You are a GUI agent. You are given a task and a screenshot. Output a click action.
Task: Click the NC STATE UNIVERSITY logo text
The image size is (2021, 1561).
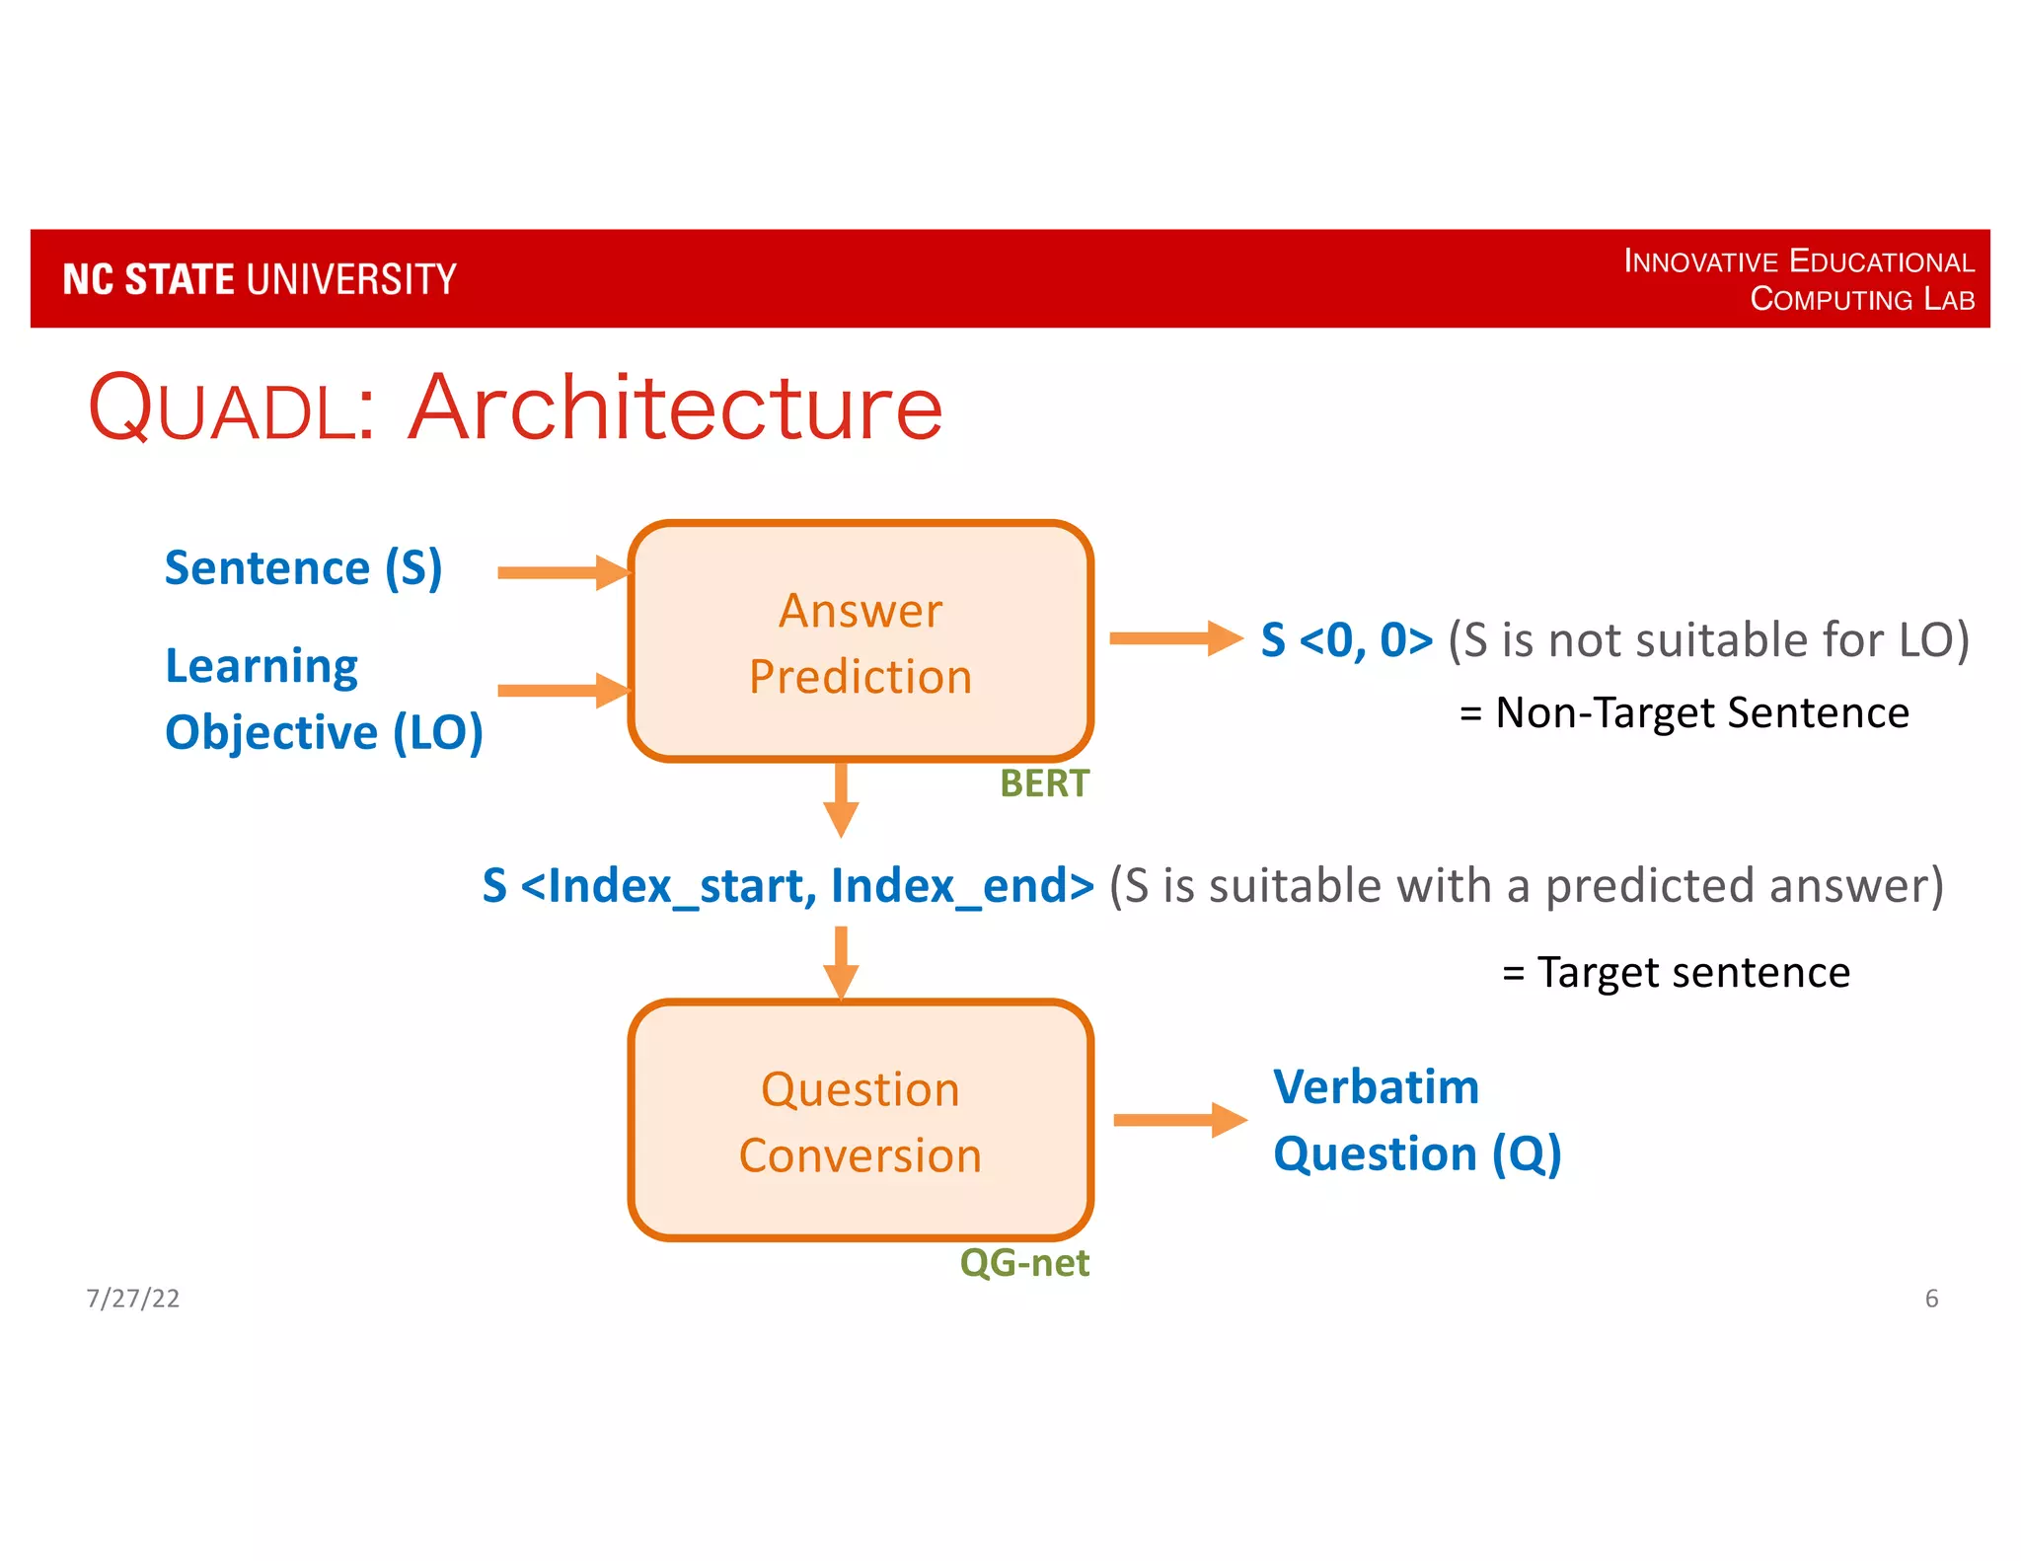[260, 279]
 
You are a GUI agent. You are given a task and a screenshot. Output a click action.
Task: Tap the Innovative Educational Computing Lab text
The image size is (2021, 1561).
[1798, 279]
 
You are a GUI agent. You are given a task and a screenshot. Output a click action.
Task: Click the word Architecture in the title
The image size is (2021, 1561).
[676, 408]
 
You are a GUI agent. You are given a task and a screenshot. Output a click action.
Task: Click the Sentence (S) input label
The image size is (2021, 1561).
[303, 568]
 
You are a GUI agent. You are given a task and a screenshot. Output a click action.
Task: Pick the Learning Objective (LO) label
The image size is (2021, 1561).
[323, 700]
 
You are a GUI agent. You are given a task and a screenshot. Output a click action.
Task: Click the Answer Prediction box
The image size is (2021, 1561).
[861, 642]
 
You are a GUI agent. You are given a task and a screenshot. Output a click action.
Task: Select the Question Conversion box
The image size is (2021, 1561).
[861, 1121]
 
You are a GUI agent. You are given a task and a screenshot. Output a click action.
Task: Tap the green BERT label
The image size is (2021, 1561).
[1044, 783]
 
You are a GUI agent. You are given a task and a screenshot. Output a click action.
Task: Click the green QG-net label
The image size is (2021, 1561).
[1024, 1263]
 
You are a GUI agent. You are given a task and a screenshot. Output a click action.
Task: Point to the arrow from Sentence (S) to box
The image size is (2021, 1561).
[563, 572]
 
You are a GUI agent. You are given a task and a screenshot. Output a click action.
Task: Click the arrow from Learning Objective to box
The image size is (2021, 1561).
[563, 690]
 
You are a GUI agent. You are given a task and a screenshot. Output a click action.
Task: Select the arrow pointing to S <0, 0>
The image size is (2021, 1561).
[1174, 638]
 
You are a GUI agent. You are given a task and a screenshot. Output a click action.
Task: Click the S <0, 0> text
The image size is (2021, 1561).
[1346, 640]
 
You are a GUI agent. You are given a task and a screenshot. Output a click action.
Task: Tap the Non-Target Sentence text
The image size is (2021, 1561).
[1684, 712]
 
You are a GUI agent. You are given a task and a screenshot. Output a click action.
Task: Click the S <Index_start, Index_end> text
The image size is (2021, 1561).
[787, 885]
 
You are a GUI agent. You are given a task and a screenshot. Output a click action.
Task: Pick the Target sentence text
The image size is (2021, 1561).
[1676, 972]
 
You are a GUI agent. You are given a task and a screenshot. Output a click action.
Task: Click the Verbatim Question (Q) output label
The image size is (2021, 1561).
[1416, 1121]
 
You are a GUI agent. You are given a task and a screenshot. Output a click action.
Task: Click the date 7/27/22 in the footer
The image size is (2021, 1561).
[132, 1299]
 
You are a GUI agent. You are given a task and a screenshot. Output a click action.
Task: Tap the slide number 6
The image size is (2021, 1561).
[1931, 1299]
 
